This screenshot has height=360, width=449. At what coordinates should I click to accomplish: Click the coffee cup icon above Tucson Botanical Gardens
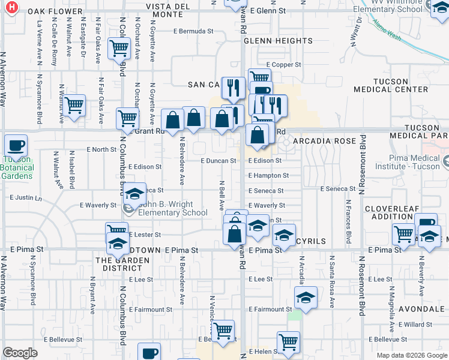(x=16, y=145)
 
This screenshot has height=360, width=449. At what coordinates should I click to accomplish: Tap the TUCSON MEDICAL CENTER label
(x=400, y=85)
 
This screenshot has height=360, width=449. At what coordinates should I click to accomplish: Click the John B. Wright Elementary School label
(x=173, y=208)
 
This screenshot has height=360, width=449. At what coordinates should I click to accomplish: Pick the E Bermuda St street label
(x=193, y=31)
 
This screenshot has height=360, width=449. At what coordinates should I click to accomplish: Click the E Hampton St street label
(x=269, y=176)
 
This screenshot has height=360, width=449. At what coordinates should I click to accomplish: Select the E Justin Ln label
(x=26, y=197)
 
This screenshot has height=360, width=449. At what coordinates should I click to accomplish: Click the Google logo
(x=20, y=353)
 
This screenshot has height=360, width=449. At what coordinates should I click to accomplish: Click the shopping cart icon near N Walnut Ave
(x=74, y=106)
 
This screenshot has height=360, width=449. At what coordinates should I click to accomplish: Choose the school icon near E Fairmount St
(x=305, y=298)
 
